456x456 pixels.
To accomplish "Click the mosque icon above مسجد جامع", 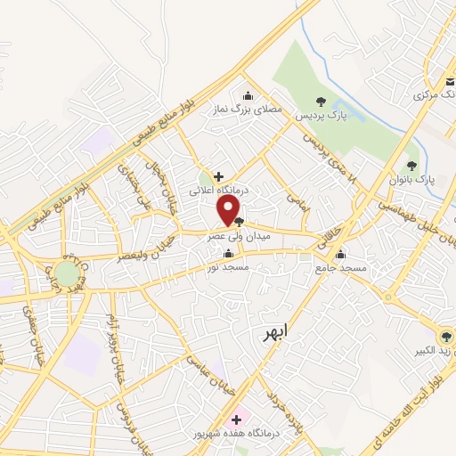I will [x=340, y=253].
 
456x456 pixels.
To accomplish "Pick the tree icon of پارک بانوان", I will [x=411, y=165].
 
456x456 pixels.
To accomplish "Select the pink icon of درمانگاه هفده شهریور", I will [x=236, y=419].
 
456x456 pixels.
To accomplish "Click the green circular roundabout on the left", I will [x=67, y=273].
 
